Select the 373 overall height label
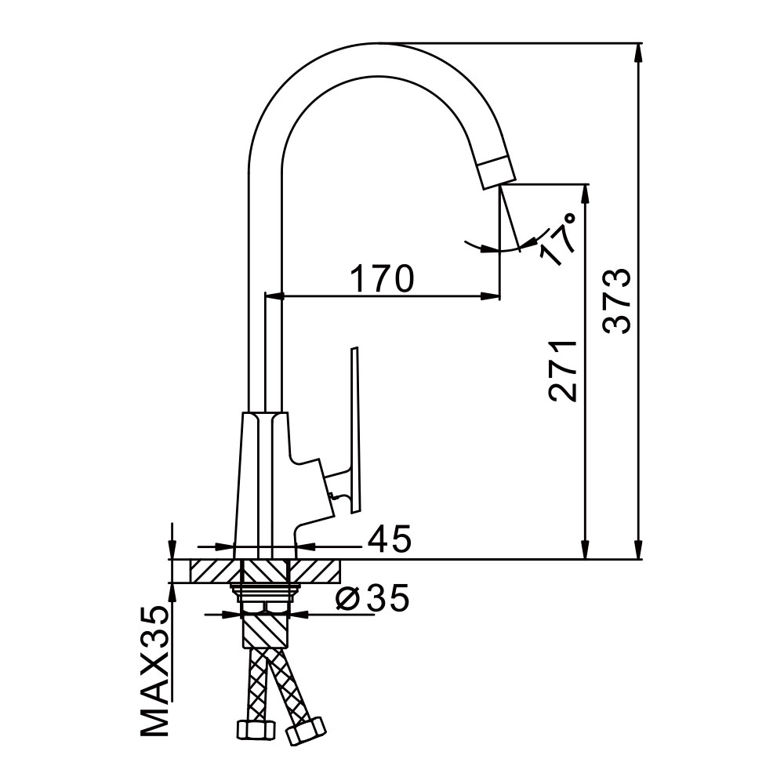coord(616,301)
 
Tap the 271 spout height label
coord(562,371)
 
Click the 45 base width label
coord(390,539)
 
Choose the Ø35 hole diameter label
coord(372,597)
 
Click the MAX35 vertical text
coord(154,671)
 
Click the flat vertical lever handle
coord(354,429)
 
